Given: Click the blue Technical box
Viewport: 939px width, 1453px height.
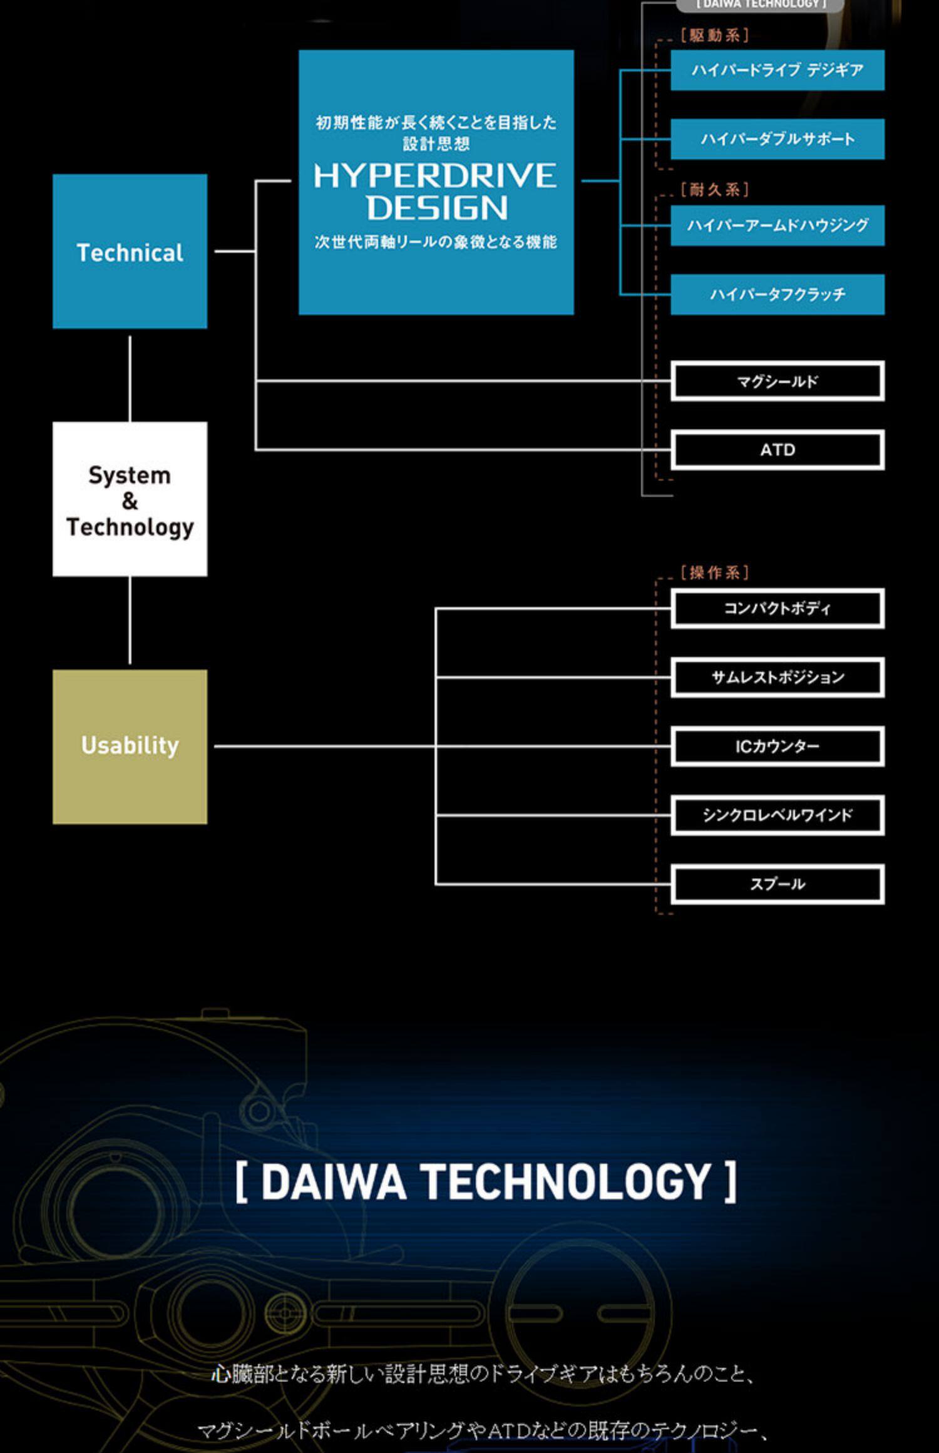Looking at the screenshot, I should coord(130,252).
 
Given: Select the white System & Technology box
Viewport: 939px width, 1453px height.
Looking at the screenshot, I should coord(130,499).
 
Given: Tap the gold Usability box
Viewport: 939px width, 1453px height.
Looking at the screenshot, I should coord(130,747).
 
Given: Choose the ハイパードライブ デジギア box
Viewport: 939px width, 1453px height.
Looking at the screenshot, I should coord(777,70).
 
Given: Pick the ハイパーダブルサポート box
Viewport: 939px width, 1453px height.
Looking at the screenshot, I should coord(777,139).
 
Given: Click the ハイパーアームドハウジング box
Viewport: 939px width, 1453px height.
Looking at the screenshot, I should coord(777,225).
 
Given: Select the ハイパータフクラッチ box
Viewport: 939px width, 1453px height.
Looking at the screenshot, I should coord(777,294).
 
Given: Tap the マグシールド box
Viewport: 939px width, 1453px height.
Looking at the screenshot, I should coord(777,381).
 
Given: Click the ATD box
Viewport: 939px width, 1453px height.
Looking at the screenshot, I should coord(777,450).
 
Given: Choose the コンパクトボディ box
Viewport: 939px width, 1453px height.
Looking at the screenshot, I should coord(777,608).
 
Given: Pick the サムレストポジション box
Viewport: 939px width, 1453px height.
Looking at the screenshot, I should coord(777,677).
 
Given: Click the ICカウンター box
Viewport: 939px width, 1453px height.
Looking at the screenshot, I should coord(777,747).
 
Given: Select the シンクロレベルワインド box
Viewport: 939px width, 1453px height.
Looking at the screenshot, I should coord(777,815).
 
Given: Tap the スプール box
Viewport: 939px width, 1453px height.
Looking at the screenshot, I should coord(777,884).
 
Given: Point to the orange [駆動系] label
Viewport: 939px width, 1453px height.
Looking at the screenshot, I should coord(715,36).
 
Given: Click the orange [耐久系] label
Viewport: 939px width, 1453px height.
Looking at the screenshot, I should coord(715,190).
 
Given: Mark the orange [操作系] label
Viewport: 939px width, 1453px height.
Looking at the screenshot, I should coord(715,573).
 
